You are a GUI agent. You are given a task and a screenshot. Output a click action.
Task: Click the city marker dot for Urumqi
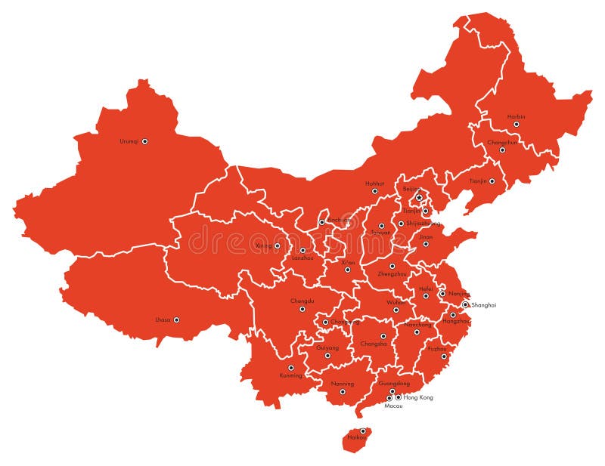144,141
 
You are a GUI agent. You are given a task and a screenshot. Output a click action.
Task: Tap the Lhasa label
163,320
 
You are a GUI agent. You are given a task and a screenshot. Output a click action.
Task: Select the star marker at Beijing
419,198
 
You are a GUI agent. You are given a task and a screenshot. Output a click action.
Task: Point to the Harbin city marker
517,125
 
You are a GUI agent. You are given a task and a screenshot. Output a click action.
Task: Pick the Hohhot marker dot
374,191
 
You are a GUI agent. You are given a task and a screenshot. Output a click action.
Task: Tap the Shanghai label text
483,305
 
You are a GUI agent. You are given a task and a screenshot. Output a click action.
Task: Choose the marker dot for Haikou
362,431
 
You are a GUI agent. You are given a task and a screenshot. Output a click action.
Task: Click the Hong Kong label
418,397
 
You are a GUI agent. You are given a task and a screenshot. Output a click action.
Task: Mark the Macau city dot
389,398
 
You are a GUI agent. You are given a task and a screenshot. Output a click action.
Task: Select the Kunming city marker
290,368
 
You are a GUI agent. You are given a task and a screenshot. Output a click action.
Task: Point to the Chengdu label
302,301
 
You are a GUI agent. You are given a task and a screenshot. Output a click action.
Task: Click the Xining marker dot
277,245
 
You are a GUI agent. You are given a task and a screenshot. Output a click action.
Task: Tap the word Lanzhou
302,258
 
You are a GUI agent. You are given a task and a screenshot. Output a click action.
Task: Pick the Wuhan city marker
396,310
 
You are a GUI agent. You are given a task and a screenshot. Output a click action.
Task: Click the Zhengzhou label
392,273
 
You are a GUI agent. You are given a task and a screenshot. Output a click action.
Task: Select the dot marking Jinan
425,244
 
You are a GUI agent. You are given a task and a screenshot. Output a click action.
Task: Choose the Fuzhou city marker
444,356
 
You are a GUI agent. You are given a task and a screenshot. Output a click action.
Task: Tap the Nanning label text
342,384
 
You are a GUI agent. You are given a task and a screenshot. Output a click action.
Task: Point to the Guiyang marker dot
327,356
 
